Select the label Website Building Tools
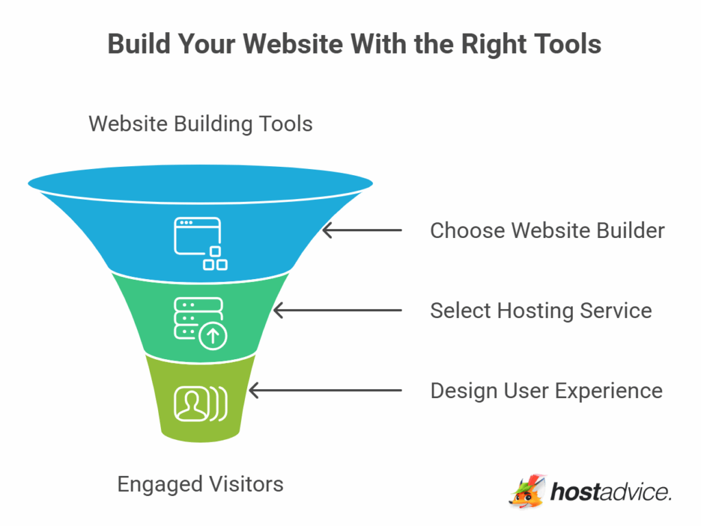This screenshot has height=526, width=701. (201, 124)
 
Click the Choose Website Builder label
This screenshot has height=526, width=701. (547, 231)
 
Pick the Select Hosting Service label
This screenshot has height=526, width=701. (541, 311)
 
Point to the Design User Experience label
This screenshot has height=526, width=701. (546, 391)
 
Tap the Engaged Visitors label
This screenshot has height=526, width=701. (200, 484)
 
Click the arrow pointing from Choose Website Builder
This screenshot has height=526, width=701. (362, 231)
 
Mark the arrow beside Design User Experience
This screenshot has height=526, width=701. (325, 391)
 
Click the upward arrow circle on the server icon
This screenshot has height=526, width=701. (213, 336)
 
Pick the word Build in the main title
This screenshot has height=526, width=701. (136, 44)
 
